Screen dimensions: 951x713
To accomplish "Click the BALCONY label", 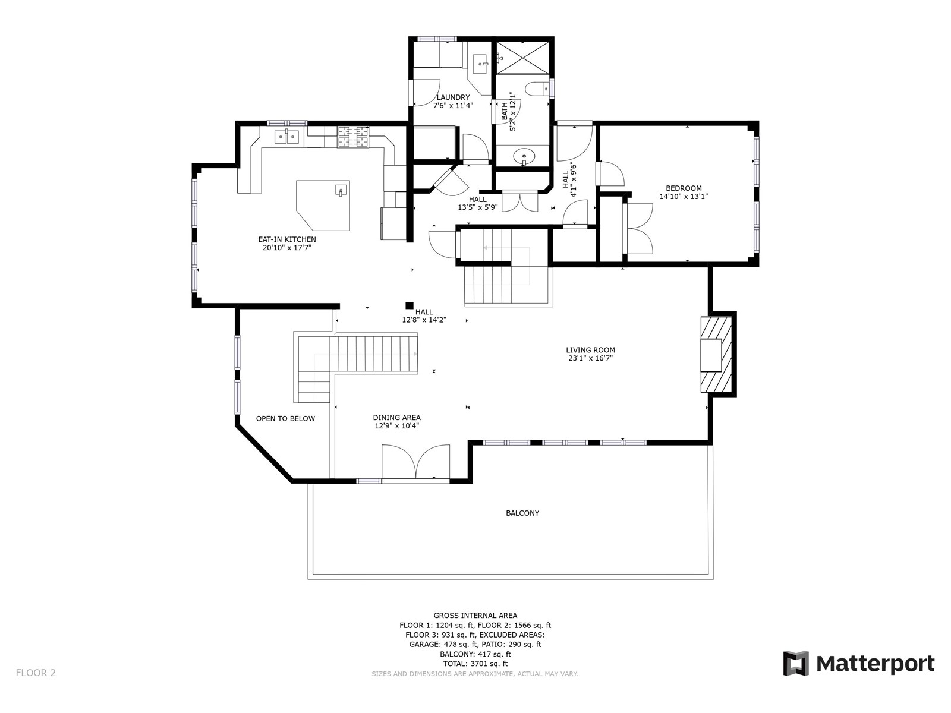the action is [522, 513].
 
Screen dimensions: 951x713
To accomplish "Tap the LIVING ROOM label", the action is [590, 350].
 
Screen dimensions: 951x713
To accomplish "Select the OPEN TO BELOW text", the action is [285, 419].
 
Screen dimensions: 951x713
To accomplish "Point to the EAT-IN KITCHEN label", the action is [287, 239].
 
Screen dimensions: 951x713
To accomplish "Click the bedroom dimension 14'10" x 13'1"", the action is [684, 197].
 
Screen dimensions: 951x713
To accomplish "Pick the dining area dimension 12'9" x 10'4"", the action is [396, 426].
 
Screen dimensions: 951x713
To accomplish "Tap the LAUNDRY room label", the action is [453, 97].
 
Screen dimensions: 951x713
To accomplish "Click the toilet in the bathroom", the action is [537, 89].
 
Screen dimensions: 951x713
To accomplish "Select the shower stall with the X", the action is [522, 58].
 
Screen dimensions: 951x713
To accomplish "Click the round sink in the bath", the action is [524, 156].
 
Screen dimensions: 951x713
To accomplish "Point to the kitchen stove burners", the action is [353, 137].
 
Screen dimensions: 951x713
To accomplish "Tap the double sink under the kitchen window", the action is [287, 137].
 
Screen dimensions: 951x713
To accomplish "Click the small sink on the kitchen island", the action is [341, 190].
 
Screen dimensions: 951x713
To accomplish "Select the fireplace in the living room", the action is [716, 355].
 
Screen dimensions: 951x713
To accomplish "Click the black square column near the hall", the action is [409, 305].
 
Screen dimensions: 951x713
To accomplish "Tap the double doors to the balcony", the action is [415, 462].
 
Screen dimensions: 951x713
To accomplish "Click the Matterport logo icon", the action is [795, 663].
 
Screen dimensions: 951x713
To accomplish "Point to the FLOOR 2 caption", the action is [36, 673].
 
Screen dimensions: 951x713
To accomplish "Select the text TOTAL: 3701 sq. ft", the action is [475, 664].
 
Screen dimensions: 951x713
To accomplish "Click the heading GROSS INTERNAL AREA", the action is [475, 615].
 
